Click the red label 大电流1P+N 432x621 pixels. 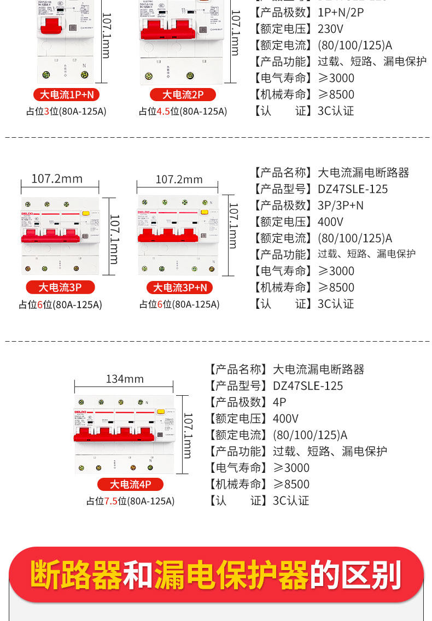pos(66,95)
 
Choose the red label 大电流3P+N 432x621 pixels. pos(179,288)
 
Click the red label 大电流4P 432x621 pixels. pos(130,484)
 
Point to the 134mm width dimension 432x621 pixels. pos(125,379)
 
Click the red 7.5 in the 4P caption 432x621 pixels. pos(111,501)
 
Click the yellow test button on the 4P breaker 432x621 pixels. pos(161,412)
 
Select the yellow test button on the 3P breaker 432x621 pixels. pos(85,214)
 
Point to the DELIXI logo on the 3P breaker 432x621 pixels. pos(28,213)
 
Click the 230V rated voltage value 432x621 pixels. pos(330,28)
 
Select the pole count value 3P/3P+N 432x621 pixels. pos(340,206)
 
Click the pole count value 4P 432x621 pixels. pos(279,402)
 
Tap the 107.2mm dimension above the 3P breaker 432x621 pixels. pos(57,179)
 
